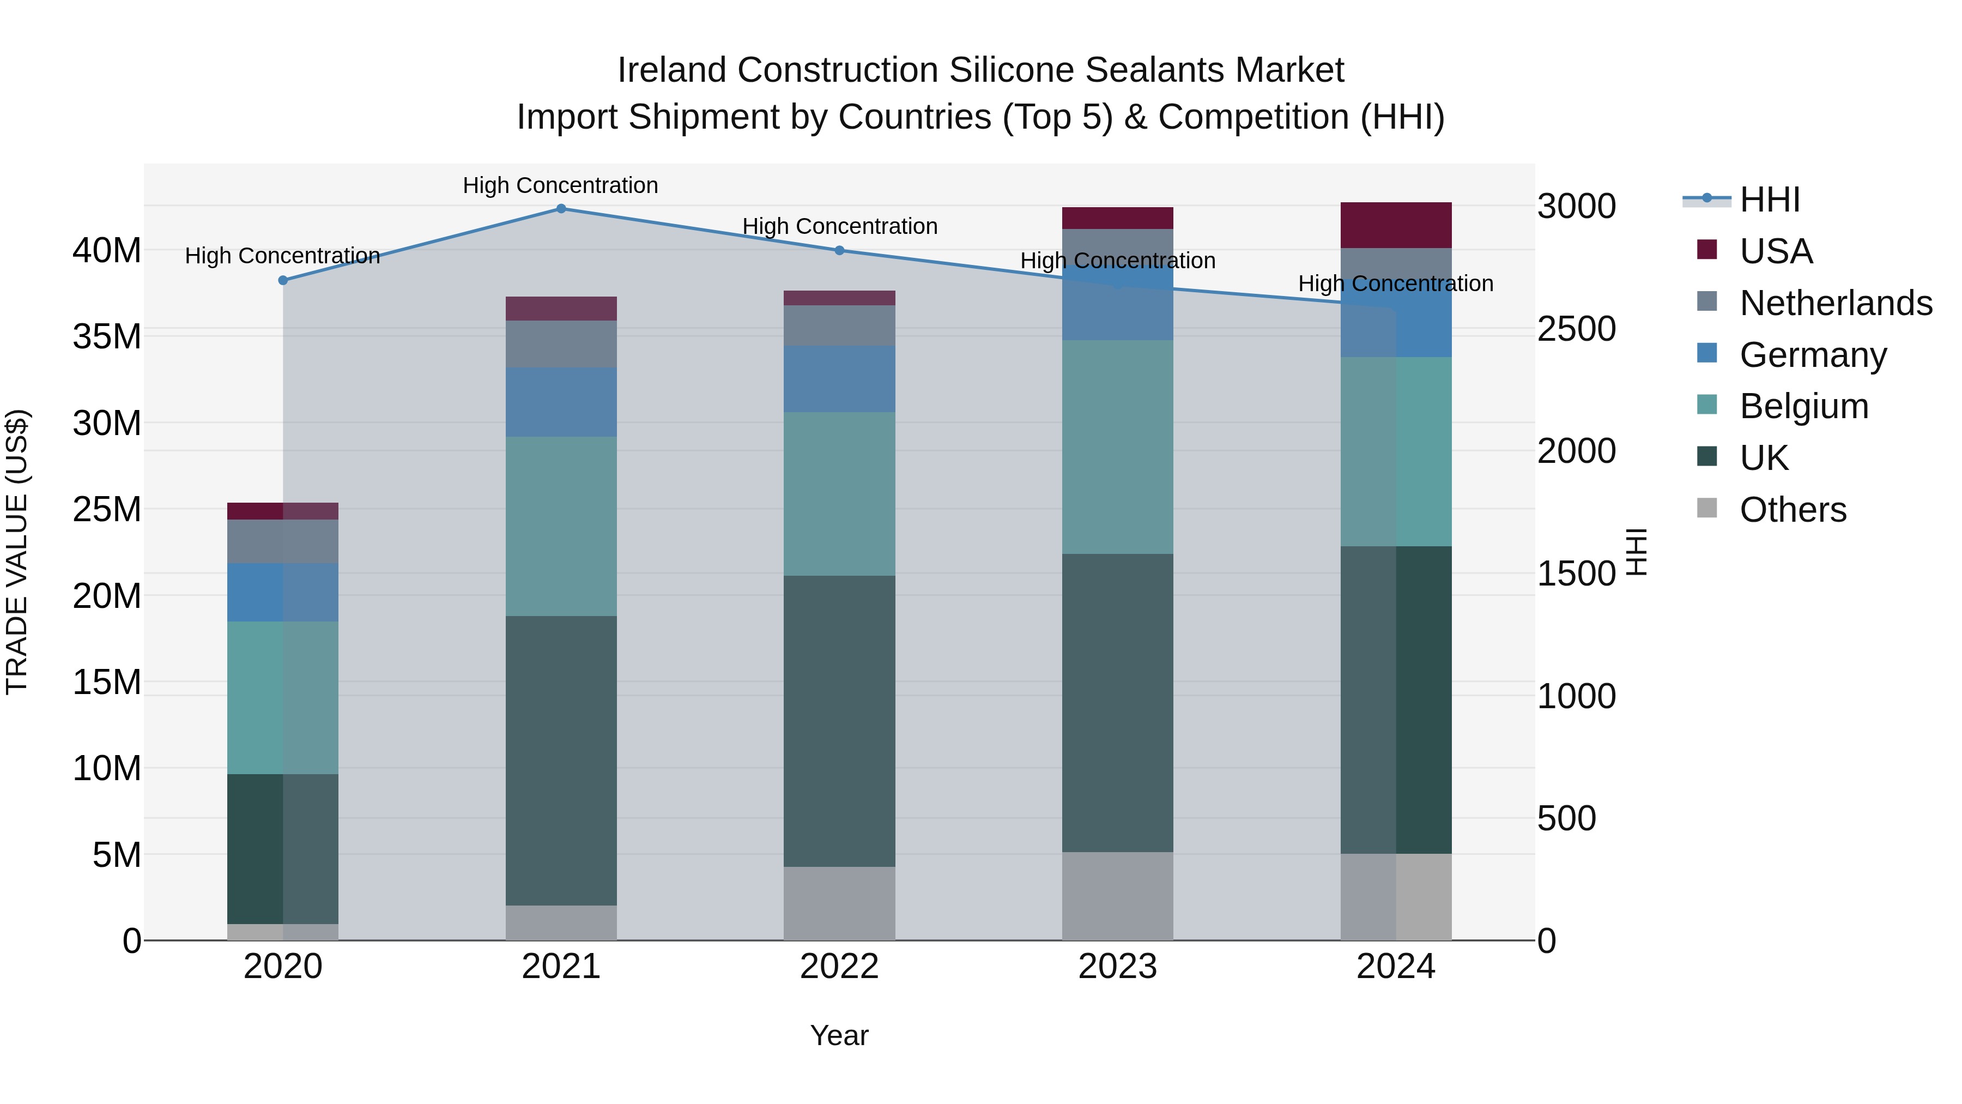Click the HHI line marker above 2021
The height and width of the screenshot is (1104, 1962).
(x=561, y=208)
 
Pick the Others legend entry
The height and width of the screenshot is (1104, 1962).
(x=1792, y=510)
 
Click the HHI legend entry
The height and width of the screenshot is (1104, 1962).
(x=1769, y=200)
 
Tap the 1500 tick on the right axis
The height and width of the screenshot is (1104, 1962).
(x=1576, y=574)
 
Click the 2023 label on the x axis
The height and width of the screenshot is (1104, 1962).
(x=1117, y=967)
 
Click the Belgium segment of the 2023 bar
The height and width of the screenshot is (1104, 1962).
(x=1117, y=447)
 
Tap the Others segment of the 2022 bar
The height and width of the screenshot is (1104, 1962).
(x=839, y=903)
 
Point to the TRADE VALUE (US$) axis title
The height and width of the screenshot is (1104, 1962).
(x=17, y=552)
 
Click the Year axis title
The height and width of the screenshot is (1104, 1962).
(x=839, y=1035)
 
